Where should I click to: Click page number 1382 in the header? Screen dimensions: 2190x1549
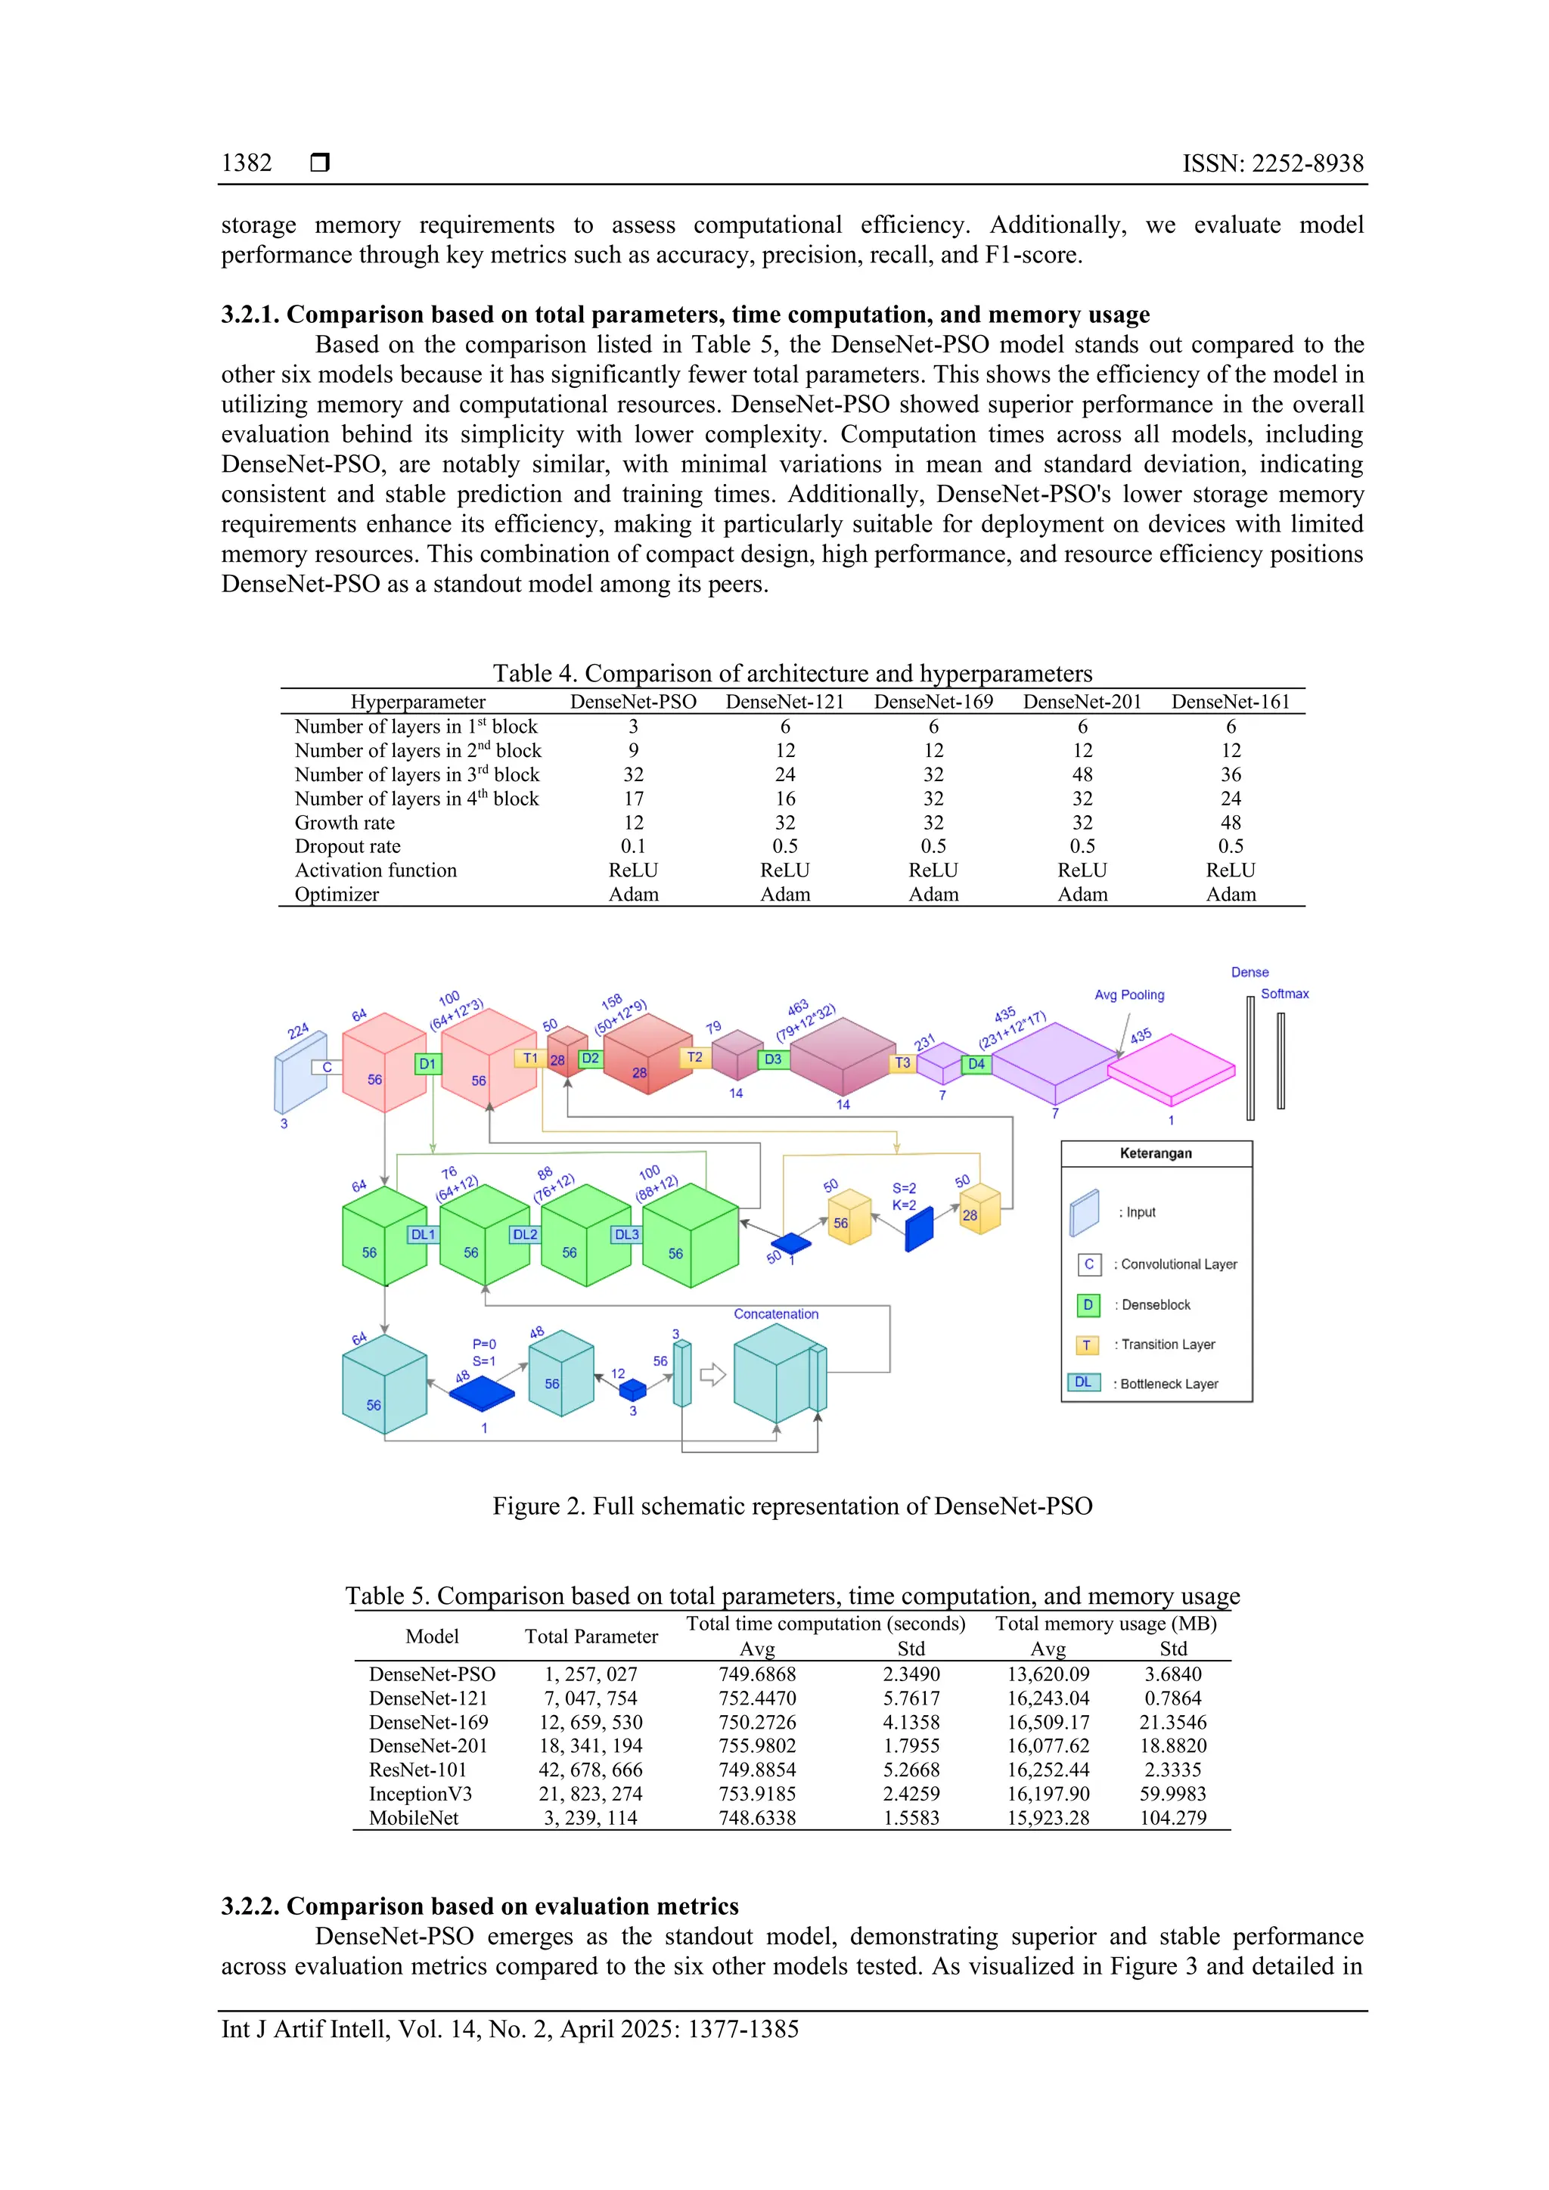pyautogui.click(x=246, y=163)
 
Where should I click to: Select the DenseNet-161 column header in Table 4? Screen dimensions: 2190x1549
pyautogui.click(x=1231, y=702)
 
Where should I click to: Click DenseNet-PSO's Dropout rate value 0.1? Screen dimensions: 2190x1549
pyautogui.click(x=633, y=846)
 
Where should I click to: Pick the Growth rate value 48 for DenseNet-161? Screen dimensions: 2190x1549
pyautogui.click(x=1231, y=822)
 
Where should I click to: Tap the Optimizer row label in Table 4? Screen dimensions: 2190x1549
pyautogui.click(x=337, y=895)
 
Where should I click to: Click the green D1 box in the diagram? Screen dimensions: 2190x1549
pyautogui.click(x=428, y=1063)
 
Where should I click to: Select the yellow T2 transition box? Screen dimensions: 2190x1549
pyautogui.click(x=694, y=1057)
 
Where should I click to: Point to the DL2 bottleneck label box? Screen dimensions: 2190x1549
pyautogui.click(x=525, y=1234)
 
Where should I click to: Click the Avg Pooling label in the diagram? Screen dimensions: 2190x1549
pyautogui.click(x=1129, y=995)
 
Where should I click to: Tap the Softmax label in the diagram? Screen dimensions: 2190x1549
pyautogui.click(x=1285, y=994)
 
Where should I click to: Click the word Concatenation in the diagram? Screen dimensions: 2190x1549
pyautogui.click(x=775, y=1314)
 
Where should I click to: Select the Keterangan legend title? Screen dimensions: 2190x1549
pyautogui.click(x=1155, y=1153)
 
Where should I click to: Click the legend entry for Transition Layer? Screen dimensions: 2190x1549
pyautogui.click(x=1168, y=1345)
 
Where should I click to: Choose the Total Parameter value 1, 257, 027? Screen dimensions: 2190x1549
pyautogui.click(x=591, y=1674)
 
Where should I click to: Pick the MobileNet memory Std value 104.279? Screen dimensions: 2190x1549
pyautogui.click(x=1172, y=1818)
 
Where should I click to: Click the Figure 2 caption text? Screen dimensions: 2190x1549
pyautogui.click(x=792, y=1506)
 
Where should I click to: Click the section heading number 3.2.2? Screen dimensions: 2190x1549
pyautogui.click(x=250, y=1906)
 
